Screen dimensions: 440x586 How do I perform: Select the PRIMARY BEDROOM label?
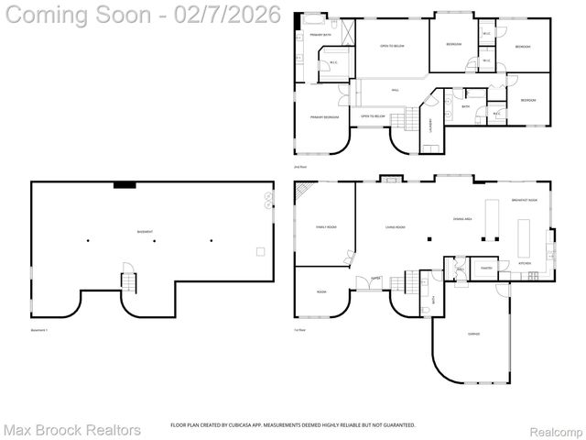[x=324, y=117]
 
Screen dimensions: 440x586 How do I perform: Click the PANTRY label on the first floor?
[x=486, y=269]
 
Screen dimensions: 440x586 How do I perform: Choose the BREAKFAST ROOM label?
[x=524, y=200]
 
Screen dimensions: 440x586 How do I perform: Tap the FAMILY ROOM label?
[x=326, y=225]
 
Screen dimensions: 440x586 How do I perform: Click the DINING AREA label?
[x=462, y=218]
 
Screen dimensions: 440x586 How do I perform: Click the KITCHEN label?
[x=525, y=263]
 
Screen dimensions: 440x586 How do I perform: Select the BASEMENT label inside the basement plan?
[x=145, y=231]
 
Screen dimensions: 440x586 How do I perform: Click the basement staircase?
[x=128, y=279]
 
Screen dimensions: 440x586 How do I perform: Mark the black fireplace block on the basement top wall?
[x=125, y=185]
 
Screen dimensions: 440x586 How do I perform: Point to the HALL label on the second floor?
[x=395, y=90]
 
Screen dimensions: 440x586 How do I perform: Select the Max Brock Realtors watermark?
[x=72, y=429]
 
